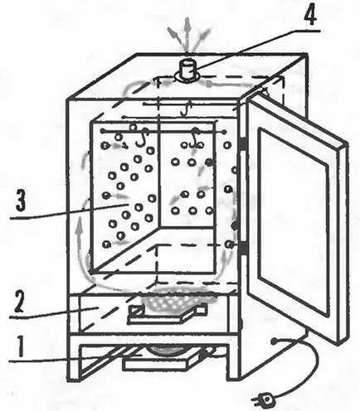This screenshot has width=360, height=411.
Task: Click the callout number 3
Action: [20, 200]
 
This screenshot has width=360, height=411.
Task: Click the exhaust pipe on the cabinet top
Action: [187, 70]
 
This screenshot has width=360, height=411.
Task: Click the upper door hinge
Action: [243, 144]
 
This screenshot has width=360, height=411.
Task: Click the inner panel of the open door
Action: [294, 221]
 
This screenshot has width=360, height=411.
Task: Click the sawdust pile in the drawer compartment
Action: [172, 300]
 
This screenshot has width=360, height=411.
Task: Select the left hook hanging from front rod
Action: [141, 138]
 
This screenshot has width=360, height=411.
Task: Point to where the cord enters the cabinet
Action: [274, 341]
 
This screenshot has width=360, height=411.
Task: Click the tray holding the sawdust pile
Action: [168, 314]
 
